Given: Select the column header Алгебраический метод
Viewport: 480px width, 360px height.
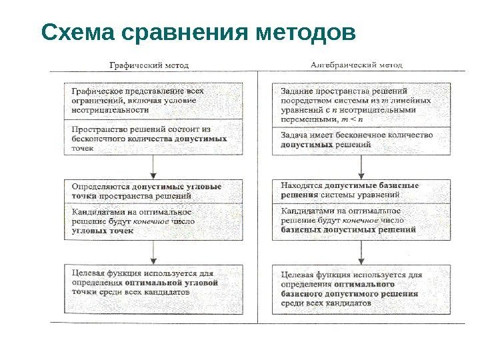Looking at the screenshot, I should click(x=361, y=65).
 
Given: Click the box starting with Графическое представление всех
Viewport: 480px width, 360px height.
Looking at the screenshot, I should click(x=153, y=101).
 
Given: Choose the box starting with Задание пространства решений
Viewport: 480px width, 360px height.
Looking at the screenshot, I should click(x=361, y=106).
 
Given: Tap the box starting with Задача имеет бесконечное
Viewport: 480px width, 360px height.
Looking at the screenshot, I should click(x=361, y=140).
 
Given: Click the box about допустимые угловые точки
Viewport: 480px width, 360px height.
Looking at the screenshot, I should click(x=153, y=191).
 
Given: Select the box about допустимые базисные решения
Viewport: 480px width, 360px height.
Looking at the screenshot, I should click(x=361, y=191).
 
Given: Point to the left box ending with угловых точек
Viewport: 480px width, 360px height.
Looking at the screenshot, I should click(x=153, y=221).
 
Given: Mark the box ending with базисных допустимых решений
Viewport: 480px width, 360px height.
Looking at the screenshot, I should click(x=361, y=221).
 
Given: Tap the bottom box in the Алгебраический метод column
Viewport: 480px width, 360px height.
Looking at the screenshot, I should click(x=361, y=287).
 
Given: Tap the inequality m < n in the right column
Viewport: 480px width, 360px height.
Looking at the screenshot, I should click(x=353, y=119).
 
